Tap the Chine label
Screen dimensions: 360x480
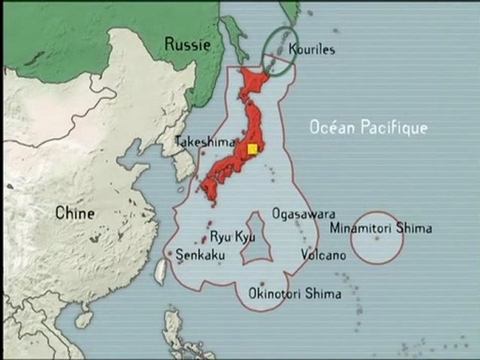click(x=74, y=213)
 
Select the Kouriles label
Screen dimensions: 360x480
click(x=312, y=49)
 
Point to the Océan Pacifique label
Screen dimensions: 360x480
click(x=368, y=127)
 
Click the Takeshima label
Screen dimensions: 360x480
click(x=205, y=142)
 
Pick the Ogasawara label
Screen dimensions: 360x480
click(x=303, y=214)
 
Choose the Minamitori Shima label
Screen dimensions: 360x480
click(x=381, y=228)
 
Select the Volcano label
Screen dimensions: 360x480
click(x=323, y=255)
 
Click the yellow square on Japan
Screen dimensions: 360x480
click(x=252, y=149)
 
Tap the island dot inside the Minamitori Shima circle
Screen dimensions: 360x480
click(x=377, y=238)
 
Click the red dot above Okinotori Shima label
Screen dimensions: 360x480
click(x=262, y=284)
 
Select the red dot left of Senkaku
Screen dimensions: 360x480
click(x=169, y=253)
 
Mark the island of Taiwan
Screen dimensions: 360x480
click(x=160, y=270)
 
